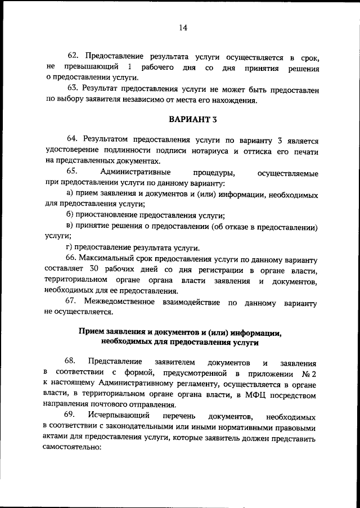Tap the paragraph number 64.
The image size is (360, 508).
pyautogui.click(x=73, y=140)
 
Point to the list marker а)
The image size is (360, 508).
pyautogui.click(x=70, y=195)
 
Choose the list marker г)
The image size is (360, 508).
pyautogui.click(x=69, y=248)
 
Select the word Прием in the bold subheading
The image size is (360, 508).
pyautogui.click(x=91, y=332)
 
